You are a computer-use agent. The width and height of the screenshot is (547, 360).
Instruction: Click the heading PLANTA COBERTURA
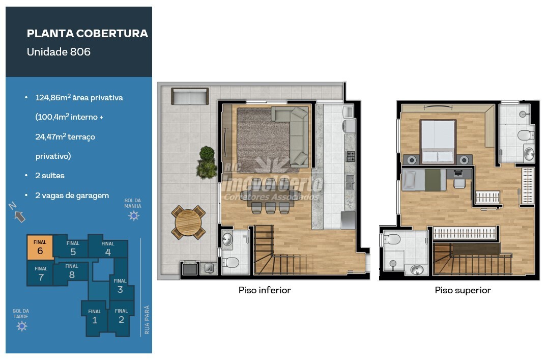click(87, 34)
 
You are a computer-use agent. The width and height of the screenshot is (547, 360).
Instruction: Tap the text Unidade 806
click(59, 52)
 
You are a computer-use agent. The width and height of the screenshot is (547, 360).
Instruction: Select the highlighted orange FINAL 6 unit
click(40, 247)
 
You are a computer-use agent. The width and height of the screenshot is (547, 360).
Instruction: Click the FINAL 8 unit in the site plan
click(72, 271)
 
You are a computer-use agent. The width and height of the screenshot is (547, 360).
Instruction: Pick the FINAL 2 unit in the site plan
click(121, 317)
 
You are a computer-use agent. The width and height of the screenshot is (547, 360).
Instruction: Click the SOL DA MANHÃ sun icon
click(134, 216)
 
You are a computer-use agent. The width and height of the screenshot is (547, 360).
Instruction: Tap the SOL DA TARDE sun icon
click(22, 326)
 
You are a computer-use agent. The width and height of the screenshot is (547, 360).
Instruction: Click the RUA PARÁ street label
click(147, 320)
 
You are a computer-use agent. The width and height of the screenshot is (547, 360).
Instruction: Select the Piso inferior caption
click(265, 290)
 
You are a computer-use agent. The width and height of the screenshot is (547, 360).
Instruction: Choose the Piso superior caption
click(463, 290)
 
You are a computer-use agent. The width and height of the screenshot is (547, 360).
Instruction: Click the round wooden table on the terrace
click(188, 223)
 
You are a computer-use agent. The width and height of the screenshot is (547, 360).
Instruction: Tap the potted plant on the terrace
click(207, 162)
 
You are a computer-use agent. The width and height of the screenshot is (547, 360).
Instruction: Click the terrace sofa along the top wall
click(190, 96)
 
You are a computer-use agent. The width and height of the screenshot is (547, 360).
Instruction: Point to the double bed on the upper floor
click(438, 142)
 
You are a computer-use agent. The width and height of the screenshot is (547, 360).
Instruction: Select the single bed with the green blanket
click(424, 179)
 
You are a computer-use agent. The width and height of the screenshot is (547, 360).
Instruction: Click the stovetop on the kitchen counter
click(350, 156)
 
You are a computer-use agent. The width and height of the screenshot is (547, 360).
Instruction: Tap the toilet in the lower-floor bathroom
click(231, 262)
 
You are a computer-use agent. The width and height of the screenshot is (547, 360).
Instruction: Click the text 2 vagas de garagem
click(72, 196)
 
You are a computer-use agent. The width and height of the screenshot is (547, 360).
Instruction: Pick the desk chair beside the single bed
click(459, 183)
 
